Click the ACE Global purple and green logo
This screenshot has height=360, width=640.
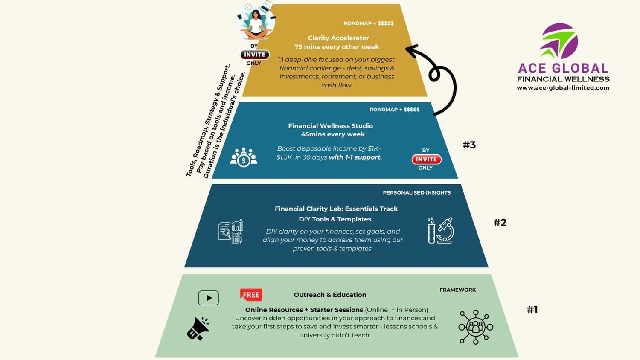click(x=559, y=41)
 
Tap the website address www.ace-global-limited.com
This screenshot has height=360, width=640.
click(x=563, y=88)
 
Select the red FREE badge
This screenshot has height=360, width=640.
click(x=251, y=295)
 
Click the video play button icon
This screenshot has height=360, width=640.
click(x=209, y=298)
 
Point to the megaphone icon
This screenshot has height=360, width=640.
click(x=198, y=328)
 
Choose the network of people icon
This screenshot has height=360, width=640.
click(x=476, y=327)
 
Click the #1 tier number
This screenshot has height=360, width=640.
click(x=532, y=310)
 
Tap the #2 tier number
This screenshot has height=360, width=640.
click(x=500, y=223)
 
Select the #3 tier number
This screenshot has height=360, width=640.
click(x=469, y=145)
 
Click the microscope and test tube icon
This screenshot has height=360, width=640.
click(x=441, y=230)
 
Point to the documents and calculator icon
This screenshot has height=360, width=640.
click(x=231, y=232)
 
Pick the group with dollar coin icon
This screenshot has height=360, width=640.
click(x=244, y=157)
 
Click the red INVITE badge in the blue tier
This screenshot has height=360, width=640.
click(x=426, y=159)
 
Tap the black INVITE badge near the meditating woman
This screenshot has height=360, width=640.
click(x=255, y=55)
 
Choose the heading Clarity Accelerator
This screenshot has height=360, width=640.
click(x=338, y=38)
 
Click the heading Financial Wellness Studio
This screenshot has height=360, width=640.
click(x=331, y=126)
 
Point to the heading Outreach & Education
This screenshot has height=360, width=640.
click(x=330, y=295)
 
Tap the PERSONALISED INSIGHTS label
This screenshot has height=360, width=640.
click(x=416, y=193)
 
